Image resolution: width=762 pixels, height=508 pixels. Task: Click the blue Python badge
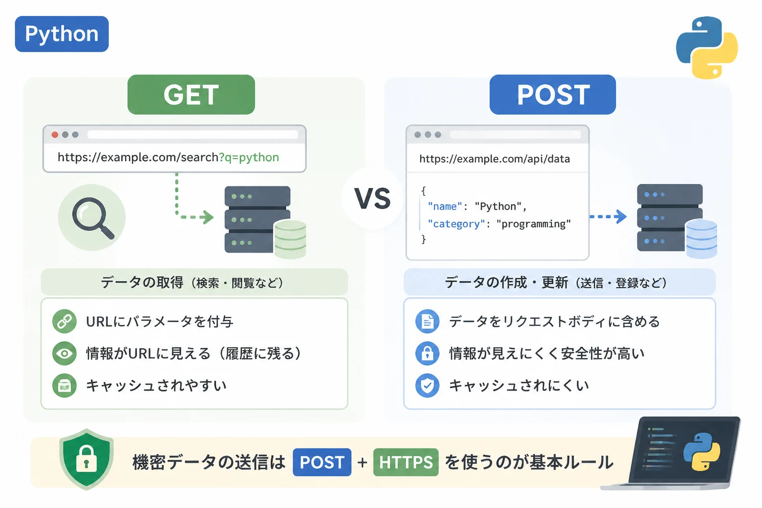tap(62, 34)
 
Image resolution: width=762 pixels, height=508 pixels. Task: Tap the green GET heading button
tap(191, 94)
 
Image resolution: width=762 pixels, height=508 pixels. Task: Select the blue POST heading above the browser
tap(553, 94)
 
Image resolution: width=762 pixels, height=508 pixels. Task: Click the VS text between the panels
tap(373, 198)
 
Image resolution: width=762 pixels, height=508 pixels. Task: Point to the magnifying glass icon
tap(92, 218)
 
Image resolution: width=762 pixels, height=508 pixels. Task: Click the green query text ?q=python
tap(249, 158)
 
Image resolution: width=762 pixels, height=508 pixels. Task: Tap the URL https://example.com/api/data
tap(495, 159)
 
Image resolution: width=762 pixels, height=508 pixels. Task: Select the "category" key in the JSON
tap(456, 224)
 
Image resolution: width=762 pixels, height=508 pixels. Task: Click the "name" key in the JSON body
tap(445, 206)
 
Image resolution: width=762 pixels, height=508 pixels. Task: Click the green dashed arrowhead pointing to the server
tap(207, 217)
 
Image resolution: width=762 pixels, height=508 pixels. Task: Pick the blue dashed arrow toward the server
tap(608, 216)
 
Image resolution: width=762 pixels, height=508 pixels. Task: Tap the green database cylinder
tap(290, 239)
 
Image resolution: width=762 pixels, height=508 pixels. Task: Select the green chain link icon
tap(64, 321)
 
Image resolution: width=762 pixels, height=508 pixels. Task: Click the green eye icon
tap(64, 354)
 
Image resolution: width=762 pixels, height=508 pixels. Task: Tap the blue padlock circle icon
tap(427, 354)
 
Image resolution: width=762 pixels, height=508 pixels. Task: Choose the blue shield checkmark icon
tap(427, 385)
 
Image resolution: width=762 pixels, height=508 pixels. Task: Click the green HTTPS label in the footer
tap(406, 462)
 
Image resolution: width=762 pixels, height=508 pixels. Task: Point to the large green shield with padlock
tap(86, 459)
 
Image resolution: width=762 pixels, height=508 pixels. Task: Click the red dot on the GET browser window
tap(55, 135)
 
